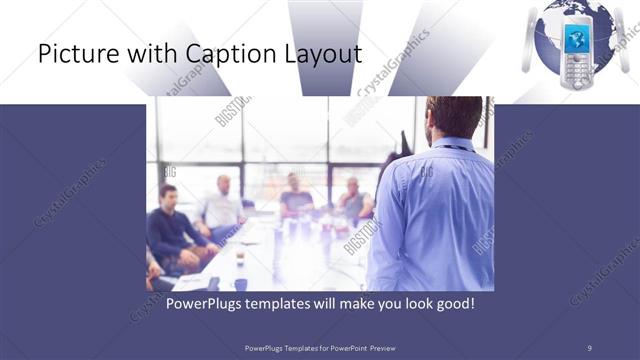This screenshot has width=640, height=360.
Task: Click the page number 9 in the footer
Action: click(x=589, y=347)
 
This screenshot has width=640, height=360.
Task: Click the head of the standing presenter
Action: click(x=452, y=117)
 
